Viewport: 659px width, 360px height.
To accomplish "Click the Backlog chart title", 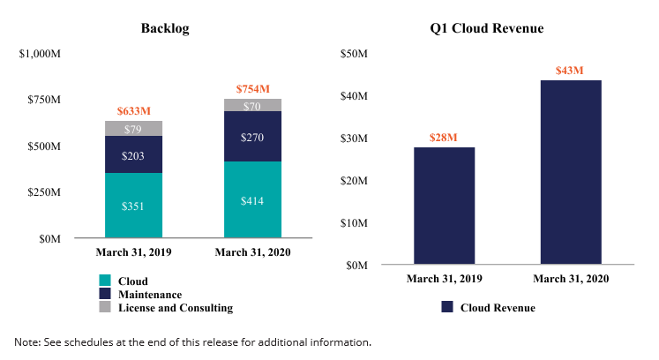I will tap(165, 28).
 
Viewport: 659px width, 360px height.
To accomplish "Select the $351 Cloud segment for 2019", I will tap(133, 205).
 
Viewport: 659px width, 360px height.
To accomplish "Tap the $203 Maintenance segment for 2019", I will tap(133, 154).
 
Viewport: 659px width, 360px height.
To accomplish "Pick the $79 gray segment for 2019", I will tap(133, 129).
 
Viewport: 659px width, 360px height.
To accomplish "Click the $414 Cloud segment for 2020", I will tap(253, 199).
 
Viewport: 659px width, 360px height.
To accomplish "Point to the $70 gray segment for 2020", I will tap(253, 106).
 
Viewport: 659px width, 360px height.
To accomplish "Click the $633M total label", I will tap(134, 111).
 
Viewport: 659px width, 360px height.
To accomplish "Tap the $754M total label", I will tap(253, 89).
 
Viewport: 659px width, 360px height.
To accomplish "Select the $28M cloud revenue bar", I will tap(445, 206).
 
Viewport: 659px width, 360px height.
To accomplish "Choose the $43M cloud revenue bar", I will tap(570, 172).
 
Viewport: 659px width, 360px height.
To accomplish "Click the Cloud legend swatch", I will tap(104, 281).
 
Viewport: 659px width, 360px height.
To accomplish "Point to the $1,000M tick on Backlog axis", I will tap(40, 54).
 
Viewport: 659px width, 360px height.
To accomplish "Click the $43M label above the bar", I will tap(570, 70).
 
